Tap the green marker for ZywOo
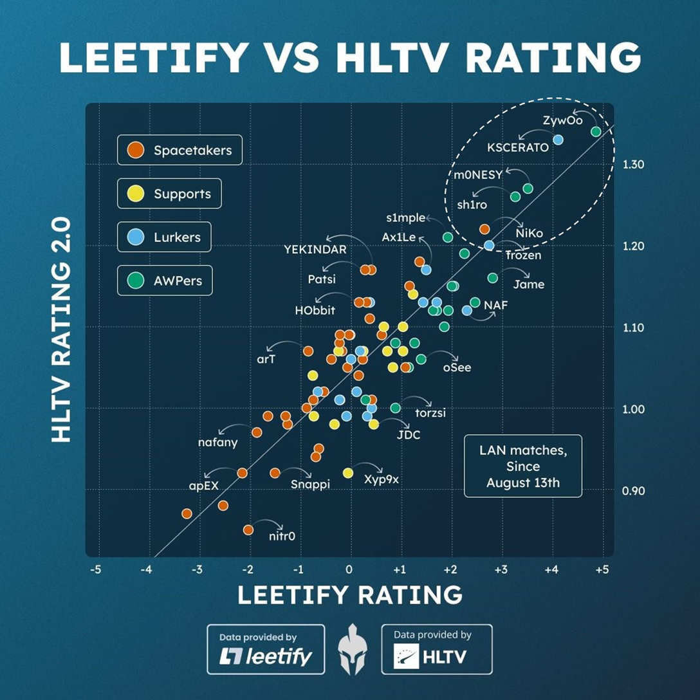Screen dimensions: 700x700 click(x=596, y=131)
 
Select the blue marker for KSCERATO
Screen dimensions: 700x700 click(x=558, y=140)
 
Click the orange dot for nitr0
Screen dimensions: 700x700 click(x=248, y=530)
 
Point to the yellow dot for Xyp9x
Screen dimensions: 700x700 click(x=348, y=473)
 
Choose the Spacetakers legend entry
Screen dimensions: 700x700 click(x=180, y=151)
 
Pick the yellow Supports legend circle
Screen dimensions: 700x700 click(x=135, y=194)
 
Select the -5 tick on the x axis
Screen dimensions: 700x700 click(x=96, y=569)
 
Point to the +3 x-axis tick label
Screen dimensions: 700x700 click(x=501, y=569)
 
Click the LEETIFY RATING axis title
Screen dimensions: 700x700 click(x=350, y=595)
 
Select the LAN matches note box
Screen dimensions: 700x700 click(x=522, y=466)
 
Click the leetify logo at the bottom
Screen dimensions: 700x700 click(x=266, y=649)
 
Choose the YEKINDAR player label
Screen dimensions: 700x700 click(x=315, y=250)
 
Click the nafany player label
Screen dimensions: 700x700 click(x=218, y=443)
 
